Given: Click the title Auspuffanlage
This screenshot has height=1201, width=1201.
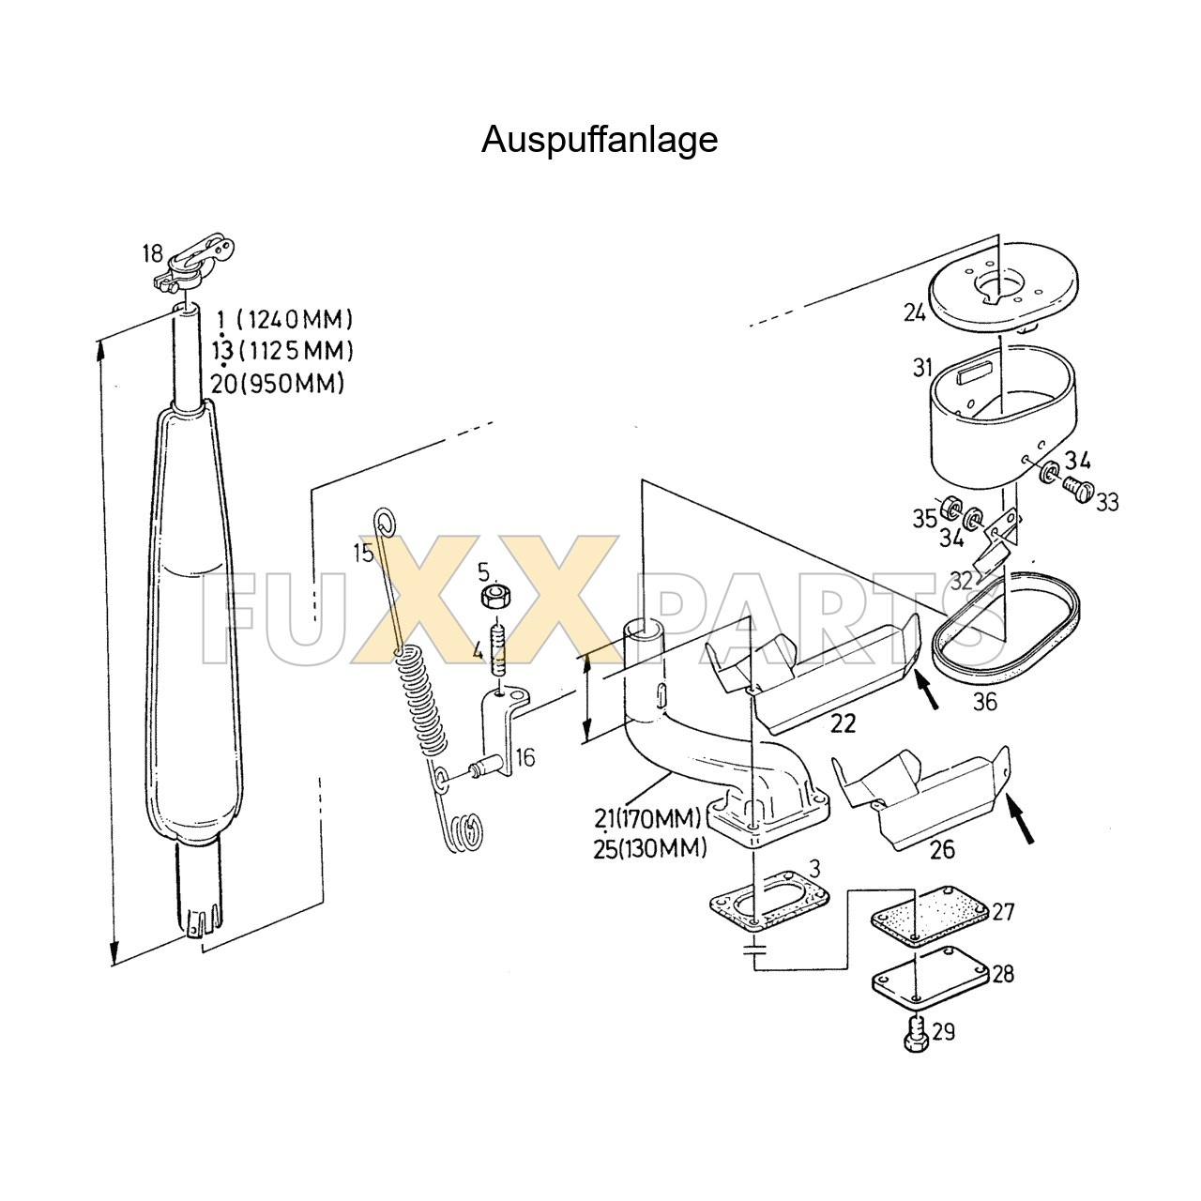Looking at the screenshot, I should coord(600,140).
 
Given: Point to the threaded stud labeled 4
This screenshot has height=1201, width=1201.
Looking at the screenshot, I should coord(499,648).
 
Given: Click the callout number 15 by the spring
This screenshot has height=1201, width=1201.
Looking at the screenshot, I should coord(363,553).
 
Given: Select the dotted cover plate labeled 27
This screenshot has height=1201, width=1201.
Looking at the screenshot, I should coord(929,917).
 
